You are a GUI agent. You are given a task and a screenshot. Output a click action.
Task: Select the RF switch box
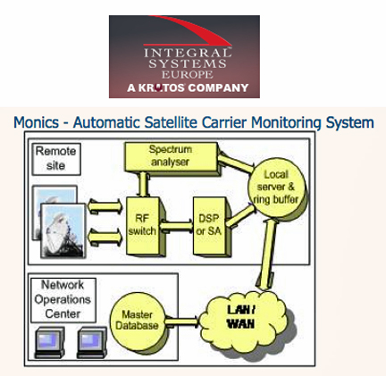tap(145, 226)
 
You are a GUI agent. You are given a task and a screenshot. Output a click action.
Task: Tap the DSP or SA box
tap(211, 226)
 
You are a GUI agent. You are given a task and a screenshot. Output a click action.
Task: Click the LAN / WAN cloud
tap(245, 322)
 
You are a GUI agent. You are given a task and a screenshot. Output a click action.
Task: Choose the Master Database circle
tap(138, 321)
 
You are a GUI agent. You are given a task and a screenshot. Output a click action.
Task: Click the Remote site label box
tap(56, 159)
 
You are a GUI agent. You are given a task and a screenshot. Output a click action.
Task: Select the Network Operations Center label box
tap(63, 300)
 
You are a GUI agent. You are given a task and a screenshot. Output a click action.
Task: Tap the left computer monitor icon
tap(50, 342)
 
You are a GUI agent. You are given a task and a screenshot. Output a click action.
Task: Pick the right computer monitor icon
tap(92, 342)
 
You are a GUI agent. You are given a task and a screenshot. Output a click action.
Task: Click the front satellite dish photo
tap(63, 230)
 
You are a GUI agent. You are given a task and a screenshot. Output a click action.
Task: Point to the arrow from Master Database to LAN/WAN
tap(181, 322)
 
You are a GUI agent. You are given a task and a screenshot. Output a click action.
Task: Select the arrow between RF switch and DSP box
tap(177, 226)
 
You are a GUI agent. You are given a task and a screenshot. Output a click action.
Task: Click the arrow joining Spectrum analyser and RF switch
tap(144, 185)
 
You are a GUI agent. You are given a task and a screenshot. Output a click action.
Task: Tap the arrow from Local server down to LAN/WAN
tap(267, 255)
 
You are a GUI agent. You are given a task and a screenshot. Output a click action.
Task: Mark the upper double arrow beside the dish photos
tap(105, 206)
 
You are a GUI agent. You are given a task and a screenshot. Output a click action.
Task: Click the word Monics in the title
tap(37, 122)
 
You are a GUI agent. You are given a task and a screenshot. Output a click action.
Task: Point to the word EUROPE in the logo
tap(188, 74)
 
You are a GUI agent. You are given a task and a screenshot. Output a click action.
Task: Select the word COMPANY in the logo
tap(218, 88)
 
